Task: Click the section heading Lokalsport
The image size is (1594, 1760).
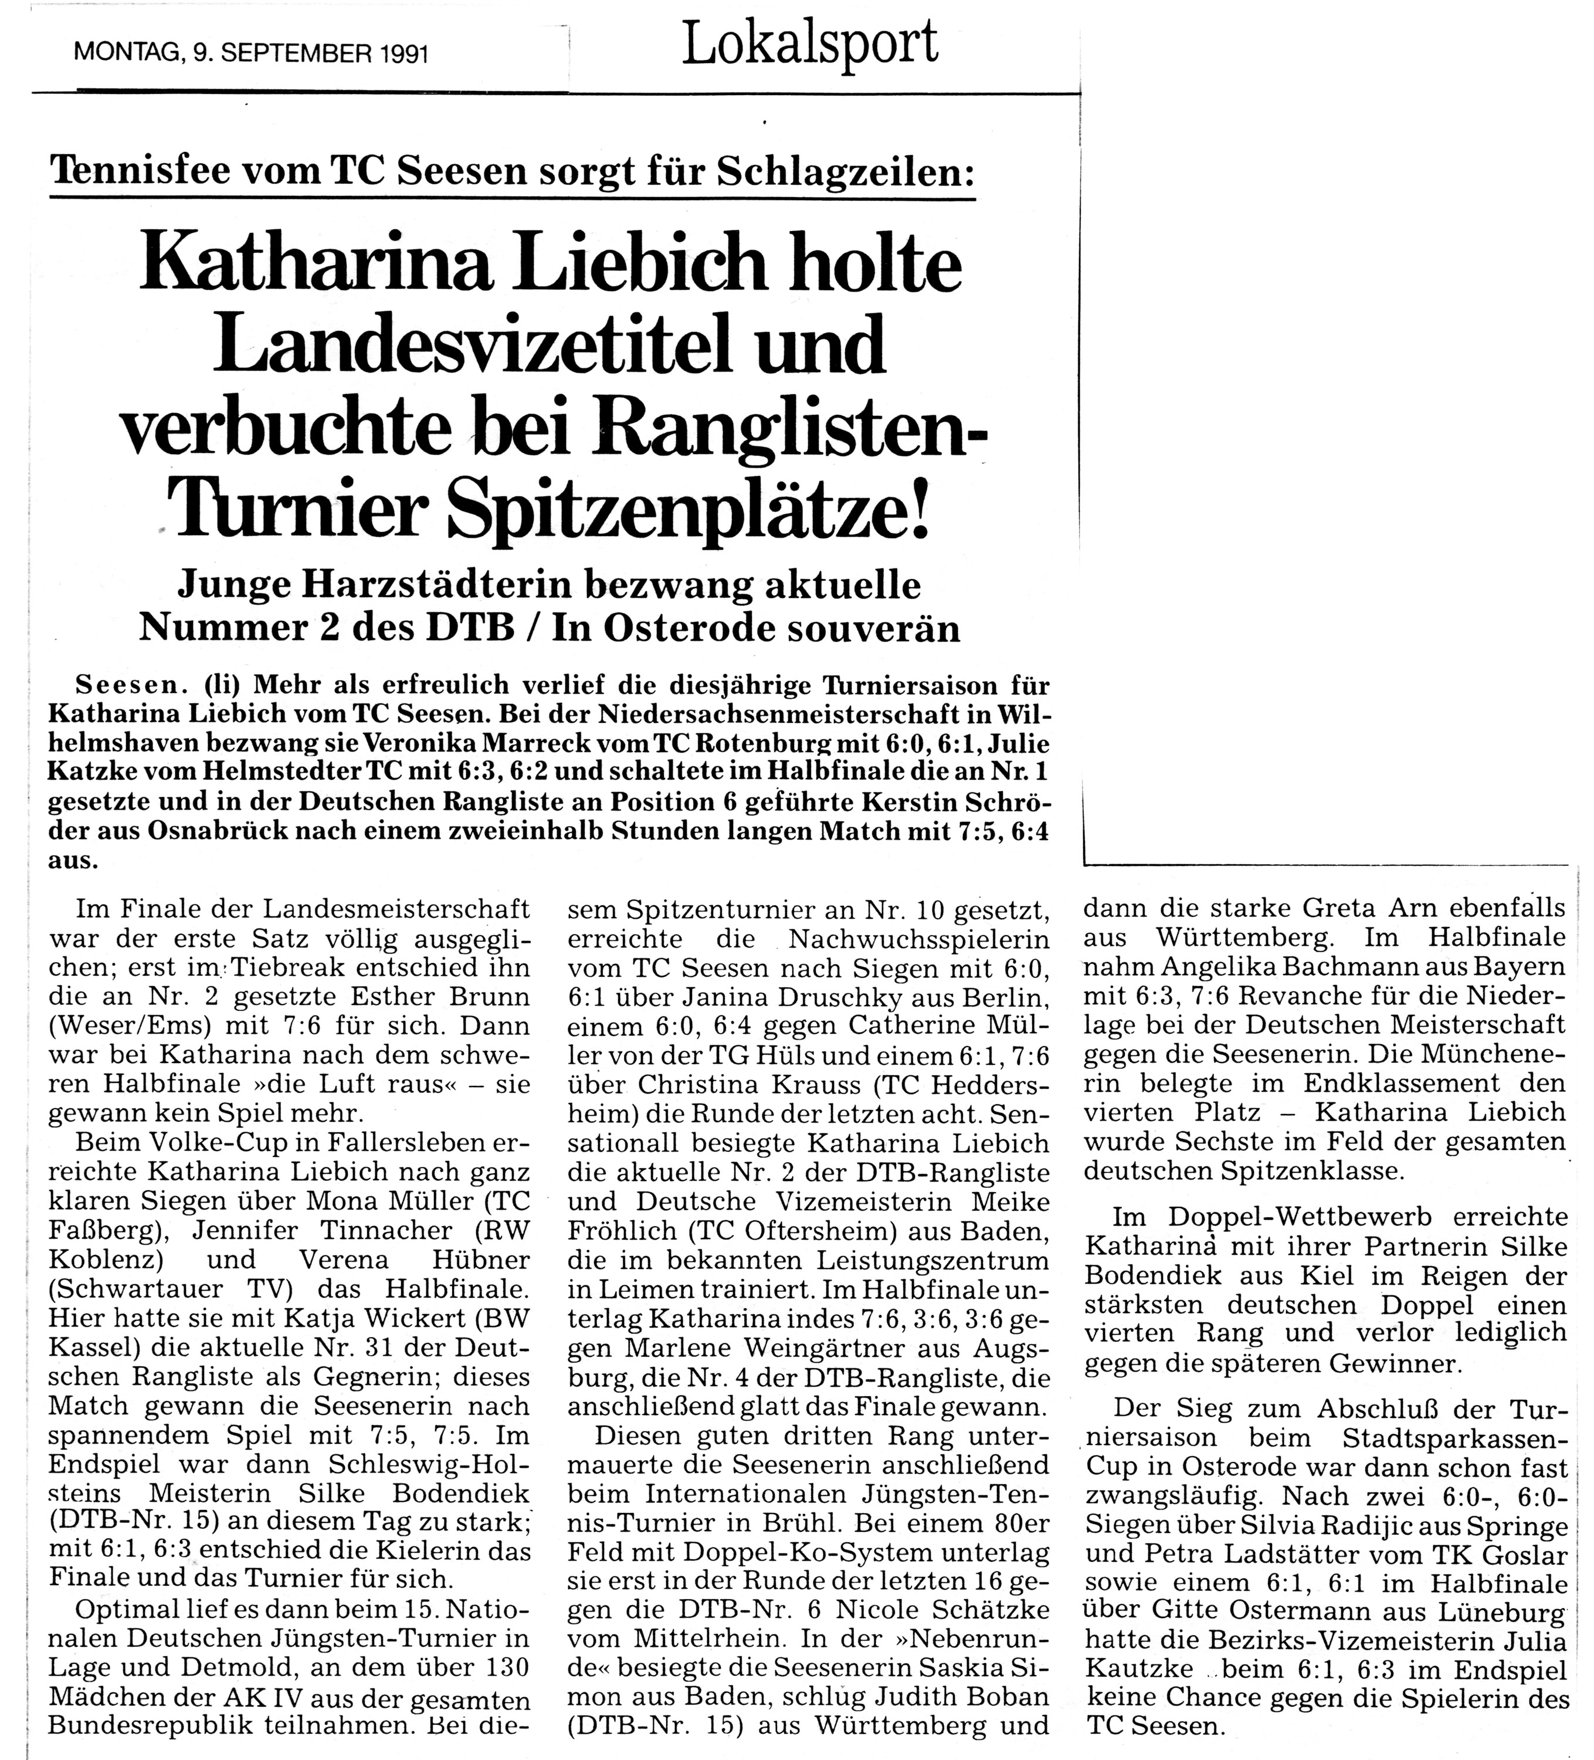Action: [809, 43]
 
